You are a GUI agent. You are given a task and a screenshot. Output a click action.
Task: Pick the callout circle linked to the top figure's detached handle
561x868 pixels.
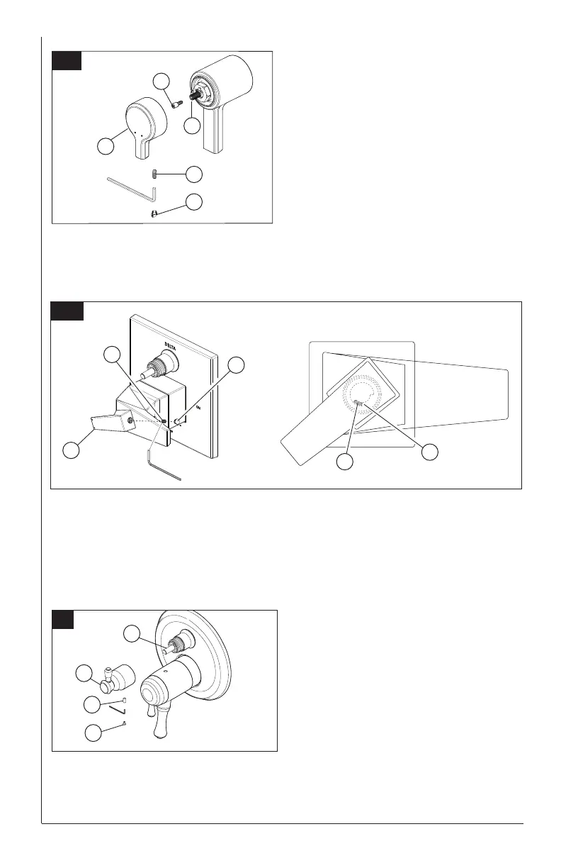click(106, 146)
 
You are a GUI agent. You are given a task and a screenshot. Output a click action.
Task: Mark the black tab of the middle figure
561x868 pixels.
click(67, 311)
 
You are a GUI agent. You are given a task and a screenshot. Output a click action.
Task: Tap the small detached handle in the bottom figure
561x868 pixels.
click(118, 681)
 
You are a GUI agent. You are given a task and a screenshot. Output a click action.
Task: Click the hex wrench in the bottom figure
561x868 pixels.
click(118, 710)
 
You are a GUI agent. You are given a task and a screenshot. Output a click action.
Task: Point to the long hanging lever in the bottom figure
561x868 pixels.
click(160, 720)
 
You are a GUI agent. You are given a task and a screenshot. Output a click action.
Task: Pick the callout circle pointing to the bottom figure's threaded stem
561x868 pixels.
click(131, 634)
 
